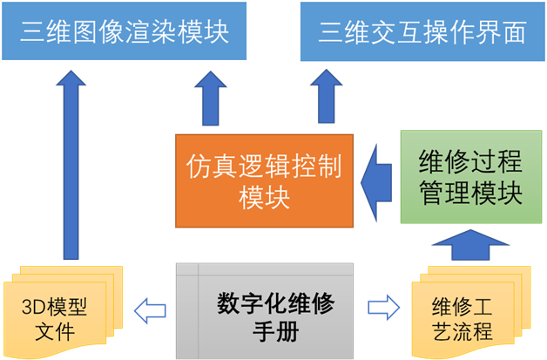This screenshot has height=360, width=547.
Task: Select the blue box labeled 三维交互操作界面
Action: click(x=422, y=32)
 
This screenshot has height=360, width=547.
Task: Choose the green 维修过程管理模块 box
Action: click(x=470, y=177)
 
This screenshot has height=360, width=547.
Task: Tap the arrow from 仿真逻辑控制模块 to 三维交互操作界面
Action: click(x=328, y=100)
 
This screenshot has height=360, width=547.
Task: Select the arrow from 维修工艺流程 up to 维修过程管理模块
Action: click(x=470, y=245)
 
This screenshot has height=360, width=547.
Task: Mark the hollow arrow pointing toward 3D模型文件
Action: click(x=149, y=307)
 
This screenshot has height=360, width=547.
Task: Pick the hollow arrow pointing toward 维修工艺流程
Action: click(x=383, y=307)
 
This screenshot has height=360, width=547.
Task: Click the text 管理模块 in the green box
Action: click(x=470, y=193)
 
